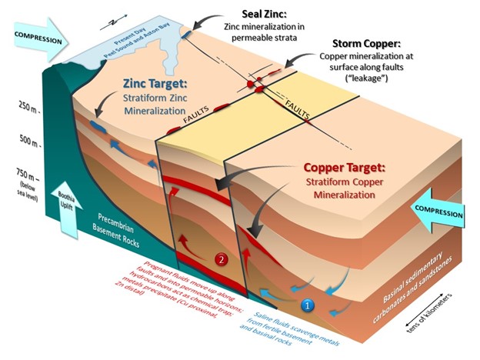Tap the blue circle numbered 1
[308, 305]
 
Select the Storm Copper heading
[367, 45]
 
